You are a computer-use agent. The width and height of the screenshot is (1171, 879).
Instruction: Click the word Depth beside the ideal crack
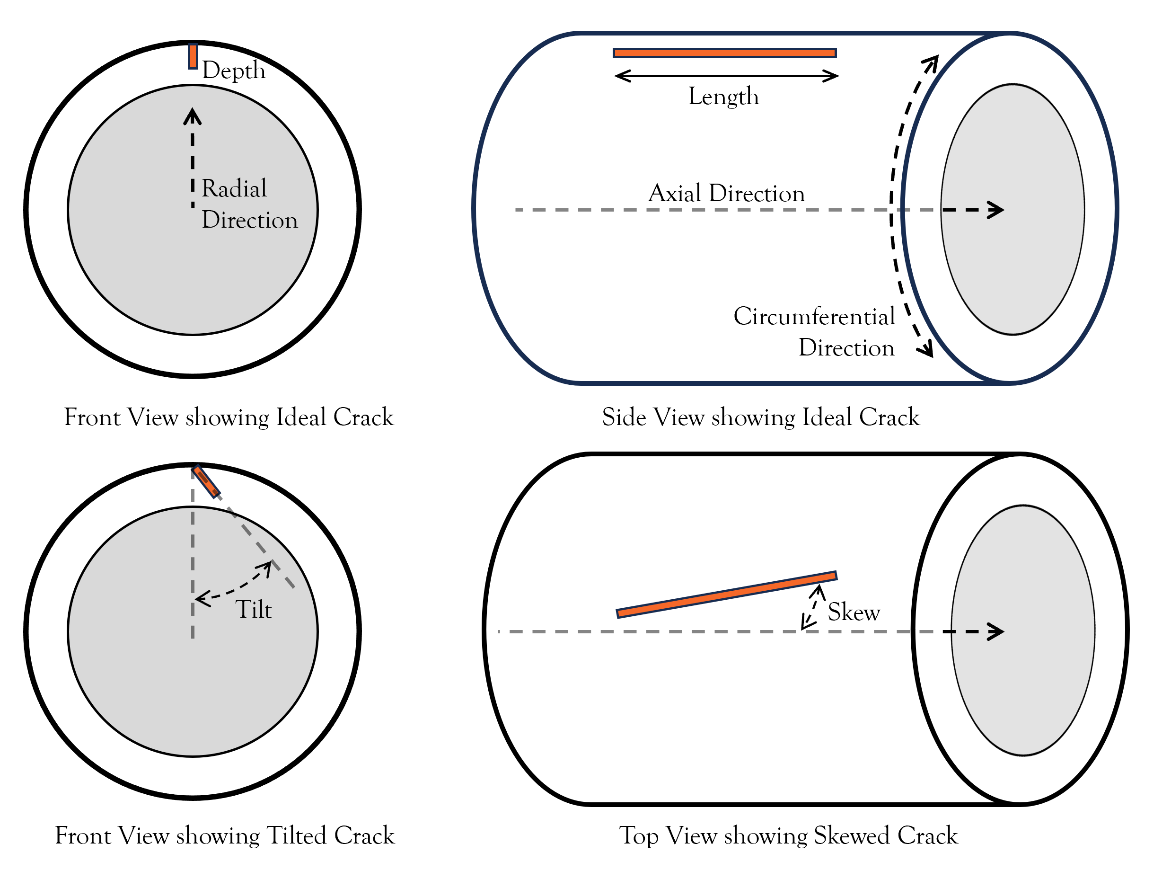click(233, 71)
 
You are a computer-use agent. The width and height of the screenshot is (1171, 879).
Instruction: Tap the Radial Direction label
click(249, 204)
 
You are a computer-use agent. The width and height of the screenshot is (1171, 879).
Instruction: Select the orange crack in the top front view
click(193, 56)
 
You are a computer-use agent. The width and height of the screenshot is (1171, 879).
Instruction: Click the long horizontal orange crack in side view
click(724, 53)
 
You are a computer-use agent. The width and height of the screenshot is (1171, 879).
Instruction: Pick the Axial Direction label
click(726, 193)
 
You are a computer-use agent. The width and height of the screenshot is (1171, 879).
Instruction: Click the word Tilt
click(254, 610)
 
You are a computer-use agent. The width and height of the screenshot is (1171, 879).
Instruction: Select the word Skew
click(854, 612)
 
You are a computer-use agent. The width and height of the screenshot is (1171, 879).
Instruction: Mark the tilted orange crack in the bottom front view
click(206, 481)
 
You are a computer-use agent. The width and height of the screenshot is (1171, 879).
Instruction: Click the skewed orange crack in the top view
click(726, 595)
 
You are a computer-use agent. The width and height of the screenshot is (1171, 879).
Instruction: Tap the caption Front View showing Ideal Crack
click(229, 417)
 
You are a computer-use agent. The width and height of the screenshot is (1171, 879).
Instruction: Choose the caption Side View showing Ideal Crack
click(761, 417)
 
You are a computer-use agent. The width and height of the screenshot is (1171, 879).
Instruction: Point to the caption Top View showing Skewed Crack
click(788, 835)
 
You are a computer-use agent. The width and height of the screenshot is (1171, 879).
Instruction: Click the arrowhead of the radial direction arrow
click(193, 116)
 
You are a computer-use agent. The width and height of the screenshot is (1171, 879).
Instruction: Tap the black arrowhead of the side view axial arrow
click(996, 210)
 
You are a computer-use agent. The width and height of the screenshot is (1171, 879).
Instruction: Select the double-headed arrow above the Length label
click(726, 76)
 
